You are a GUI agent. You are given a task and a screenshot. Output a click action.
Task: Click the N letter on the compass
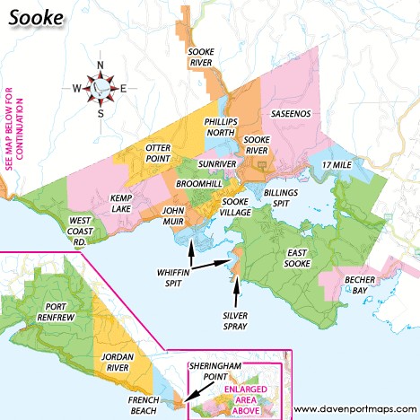tap(101, 65)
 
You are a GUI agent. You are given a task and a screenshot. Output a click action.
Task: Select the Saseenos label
tap(292, 115)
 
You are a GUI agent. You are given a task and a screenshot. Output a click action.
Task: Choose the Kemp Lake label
tap(122, 202)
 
